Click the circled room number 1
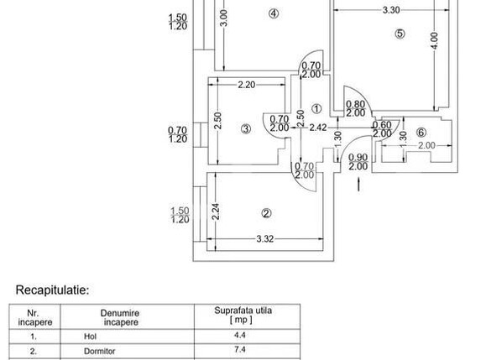316,108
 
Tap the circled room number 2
265,212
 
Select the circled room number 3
245,128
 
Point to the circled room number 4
273,13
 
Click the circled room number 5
400,34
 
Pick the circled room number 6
421,132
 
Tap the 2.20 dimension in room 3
246,85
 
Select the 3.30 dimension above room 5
391,10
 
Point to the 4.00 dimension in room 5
434,39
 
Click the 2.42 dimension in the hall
318,128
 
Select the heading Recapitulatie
52,290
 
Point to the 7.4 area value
239,349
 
